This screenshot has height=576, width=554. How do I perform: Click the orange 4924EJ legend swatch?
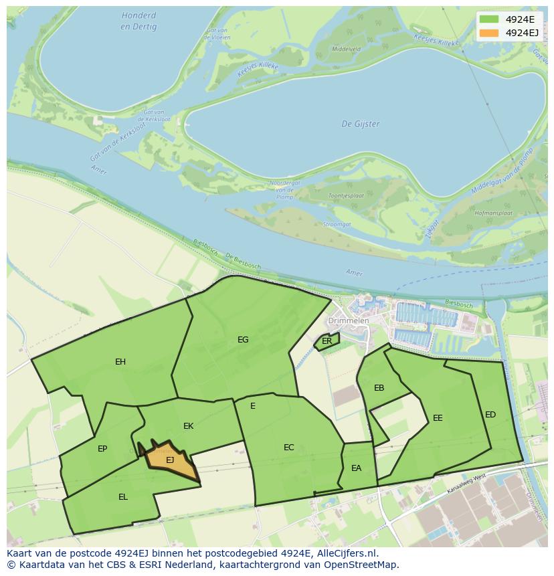coord(489,33)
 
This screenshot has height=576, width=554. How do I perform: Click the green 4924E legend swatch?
coord(489,19)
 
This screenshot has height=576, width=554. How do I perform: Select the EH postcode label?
coord(120,362)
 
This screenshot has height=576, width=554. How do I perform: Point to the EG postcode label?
coord(243,340)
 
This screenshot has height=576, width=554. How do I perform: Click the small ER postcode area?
coord(327,341)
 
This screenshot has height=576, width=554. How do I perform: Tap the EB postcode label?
coord(379,388)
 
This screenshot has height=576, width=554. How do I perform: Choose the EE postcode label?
coord(438,418)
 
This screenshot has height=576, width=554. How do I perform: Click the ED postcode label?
coord(490,415)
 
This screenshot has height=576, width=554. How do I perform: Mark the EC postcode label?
coord(289,448)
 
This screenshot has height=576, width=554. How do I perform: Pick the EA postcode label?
coord(356,468)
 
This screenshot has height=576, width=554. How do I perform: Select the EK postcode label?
coord(189,426)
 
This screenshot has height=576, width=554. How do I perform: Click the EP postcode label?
coord(102,449)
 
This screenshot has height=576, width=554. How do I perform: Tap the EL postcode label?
coord(123,497)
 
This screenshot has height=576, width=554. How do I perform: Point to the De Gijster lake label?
coord(361,124)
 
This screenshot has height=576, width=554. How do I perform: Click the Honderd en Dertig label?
coord(139,21)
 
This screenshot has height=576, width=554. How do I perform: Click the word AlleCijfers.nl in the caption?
coord(343,553)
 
